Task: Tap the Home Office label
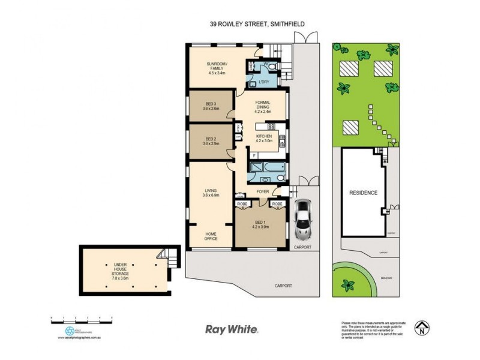point(211,236)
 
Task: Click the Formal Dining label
point(263,106)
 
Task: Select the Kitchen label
point(264,139)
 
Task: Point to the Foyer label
point(263,193)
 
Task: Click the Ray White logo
point(232,329)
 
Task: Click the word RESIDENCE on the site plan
point(363,193)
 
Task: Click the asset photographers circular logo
point(68,330)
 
